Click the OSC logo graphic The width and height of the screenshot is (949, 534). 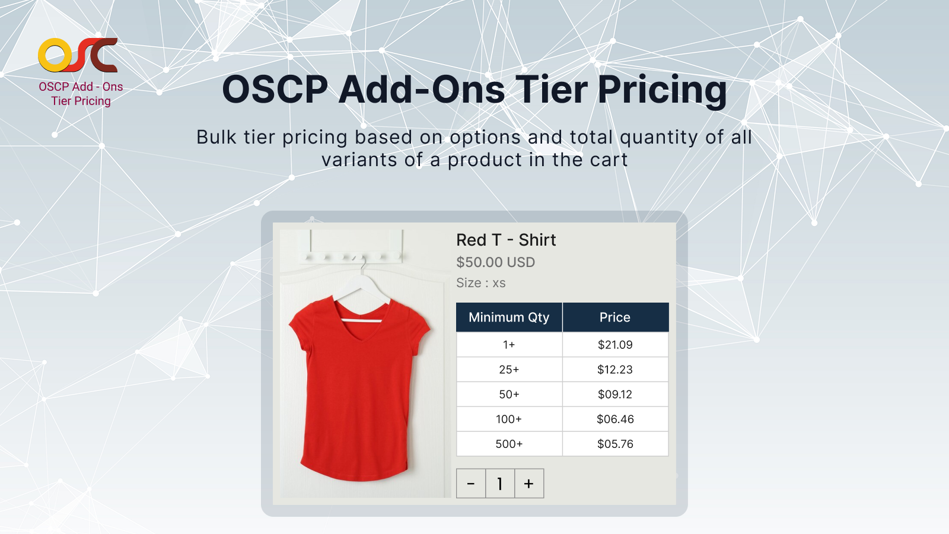click(x=78, y=55)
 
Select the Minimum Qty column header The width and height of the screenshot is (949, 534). click(x=509, y=317)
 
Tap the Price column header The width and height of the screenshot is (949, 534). click(x=615, y=317)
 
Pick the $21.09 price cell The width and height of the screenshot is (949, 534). click(x=615, y=345)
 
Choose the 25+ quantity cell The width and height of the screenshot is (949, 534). click(x=509, y=370)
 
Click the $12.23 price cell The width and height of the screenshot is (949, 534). click(x=615, y=370)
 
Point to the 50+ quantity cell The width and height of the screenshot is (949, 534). click(x=509, y=395)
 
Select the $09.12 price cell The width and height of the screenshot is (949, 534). click(x=615, y=395)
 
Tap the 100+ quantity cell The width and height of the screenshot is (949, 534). click(x=509, y=419)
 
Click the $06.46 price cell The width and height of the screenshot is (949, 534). click(x=615, y=419)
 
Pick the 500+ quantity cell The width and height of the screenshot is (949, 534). click(x=509, y=444)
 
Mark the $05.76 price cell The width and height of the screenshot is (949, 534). click(x=615, y=444)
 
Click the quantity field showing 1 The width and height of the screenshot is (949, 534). click(x=500, y=484)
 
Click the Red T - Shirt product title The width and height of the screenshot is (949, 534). click(x=506, y=240)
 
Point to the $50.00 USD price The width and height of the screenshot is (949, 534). click(x=495, y=262)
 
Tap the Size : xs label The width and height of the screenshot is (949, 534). click(x=480, y=283)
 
